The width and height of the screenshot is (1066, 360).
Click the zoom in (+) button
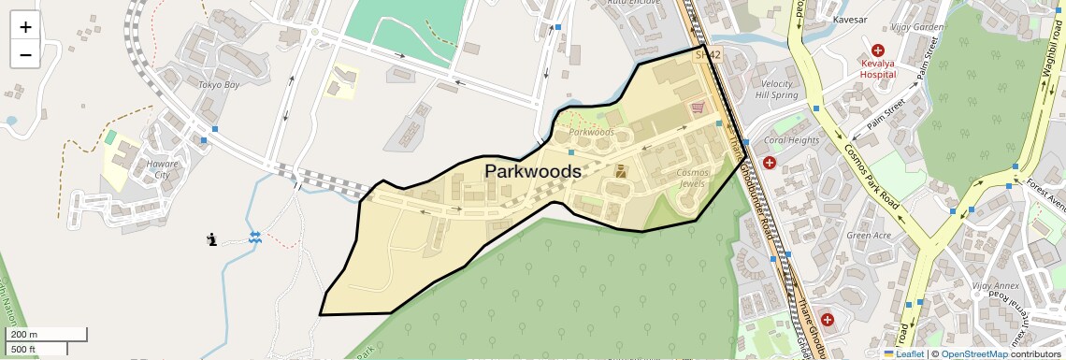click(x=25, y=26)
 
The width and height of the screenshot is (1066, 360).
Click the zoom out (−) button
click(x=25, y=54)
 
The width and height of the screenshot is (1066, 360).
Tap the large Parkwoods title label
click(x=532, y=172)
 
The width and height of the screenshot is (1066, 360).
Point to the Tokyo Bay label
click(x=219, y=85)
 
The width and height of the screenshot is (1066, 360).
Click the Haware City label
click(x=161, y=168)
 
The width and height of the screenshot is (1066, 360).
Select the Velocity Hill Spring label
click(x=776, y=89)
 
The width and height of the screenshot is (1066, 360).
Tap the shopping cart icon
click(x=697, y=108)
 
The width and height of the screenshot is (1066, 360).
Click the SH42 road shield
click(x=708, y=55)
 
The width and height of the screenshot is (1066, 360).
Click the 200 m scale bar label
click(x=24, y=335)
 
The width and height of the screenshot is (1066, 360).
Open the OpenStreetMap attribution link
click(x=973, y=353)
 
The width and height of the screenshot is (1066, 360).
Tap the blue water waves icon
click(x=254, y=238)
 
